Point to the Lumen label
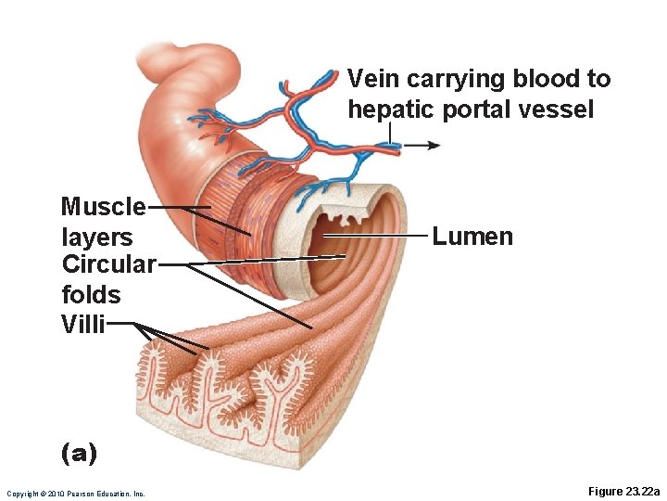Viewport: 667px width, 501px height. tap(472, 237)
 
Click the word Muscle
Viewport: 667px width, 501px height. tap(103, 206)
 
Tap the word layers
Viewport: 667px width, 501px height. tap(97, 237)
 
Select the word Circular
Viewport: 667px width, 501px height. tap(108, 264)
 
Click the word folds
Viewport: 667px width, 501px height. tap(91, 295)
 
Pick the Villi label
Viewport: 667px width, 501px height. tap(83, 324)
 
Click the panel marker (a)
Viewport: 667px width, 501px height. tap(78, 453)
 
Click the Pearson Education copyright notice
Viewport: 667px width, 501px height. tap(76, 494)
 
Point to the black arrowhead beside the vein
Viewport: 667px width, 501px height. tap(434, 145)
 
